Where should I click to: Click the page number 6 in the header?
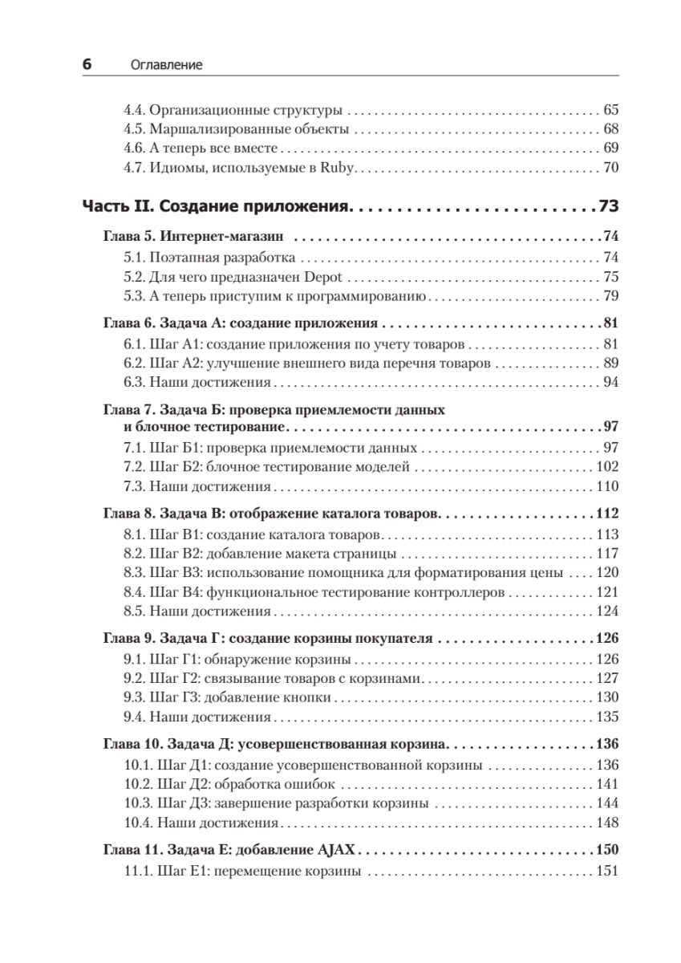pyautogui.click(x=87, y=65)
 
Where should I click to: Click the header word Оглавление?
pyautogui.click(x=166, y=66)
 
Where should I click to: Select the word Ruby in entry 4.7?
pyautogui.click(x=338, y=169)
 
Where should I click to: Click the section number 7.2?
pyautogui.click(x=133, y=466)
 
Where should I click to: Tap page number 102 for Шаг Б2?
pyautogui.click(x=607, y=466)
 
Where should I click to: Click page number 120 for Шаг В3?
pyautogui.click(x=607, y=574)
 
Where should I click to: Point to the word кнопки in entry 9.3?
pyautogui.click(x=312, y=697)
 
